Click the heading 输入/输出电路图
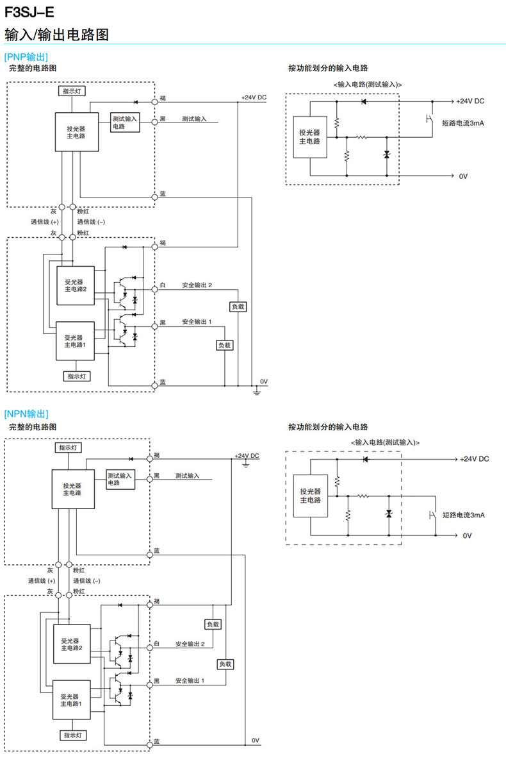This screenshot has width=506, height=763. pyautogui.click(x=56, y=35)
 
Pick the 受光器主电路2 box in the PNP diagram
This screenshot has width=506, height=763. pyautogui.click(x=75, y=284)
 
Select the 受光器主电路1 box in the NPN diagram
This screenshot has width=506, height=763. pyautogui.click(x=71, y=700)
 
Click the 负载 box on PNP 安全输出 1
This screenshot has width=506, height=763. pyautogui.click(x=224, y=345)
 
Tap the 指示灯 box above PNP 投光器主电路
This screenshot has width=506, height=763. pyautogui.click(x=74, y=92)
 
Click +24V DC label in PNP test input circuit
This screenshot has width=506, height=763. pyautogui.click(x=470, y=101)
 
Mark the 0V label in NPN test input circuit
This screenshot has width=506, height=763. pyautogui.click(x=466, y=535)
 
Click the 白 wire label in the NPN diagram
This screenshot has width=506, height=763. pyautogui.click(x=156, y=644)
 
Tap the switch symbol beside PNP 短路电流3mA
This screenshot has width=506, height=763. pyautogui.click(x=429, y=120)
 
